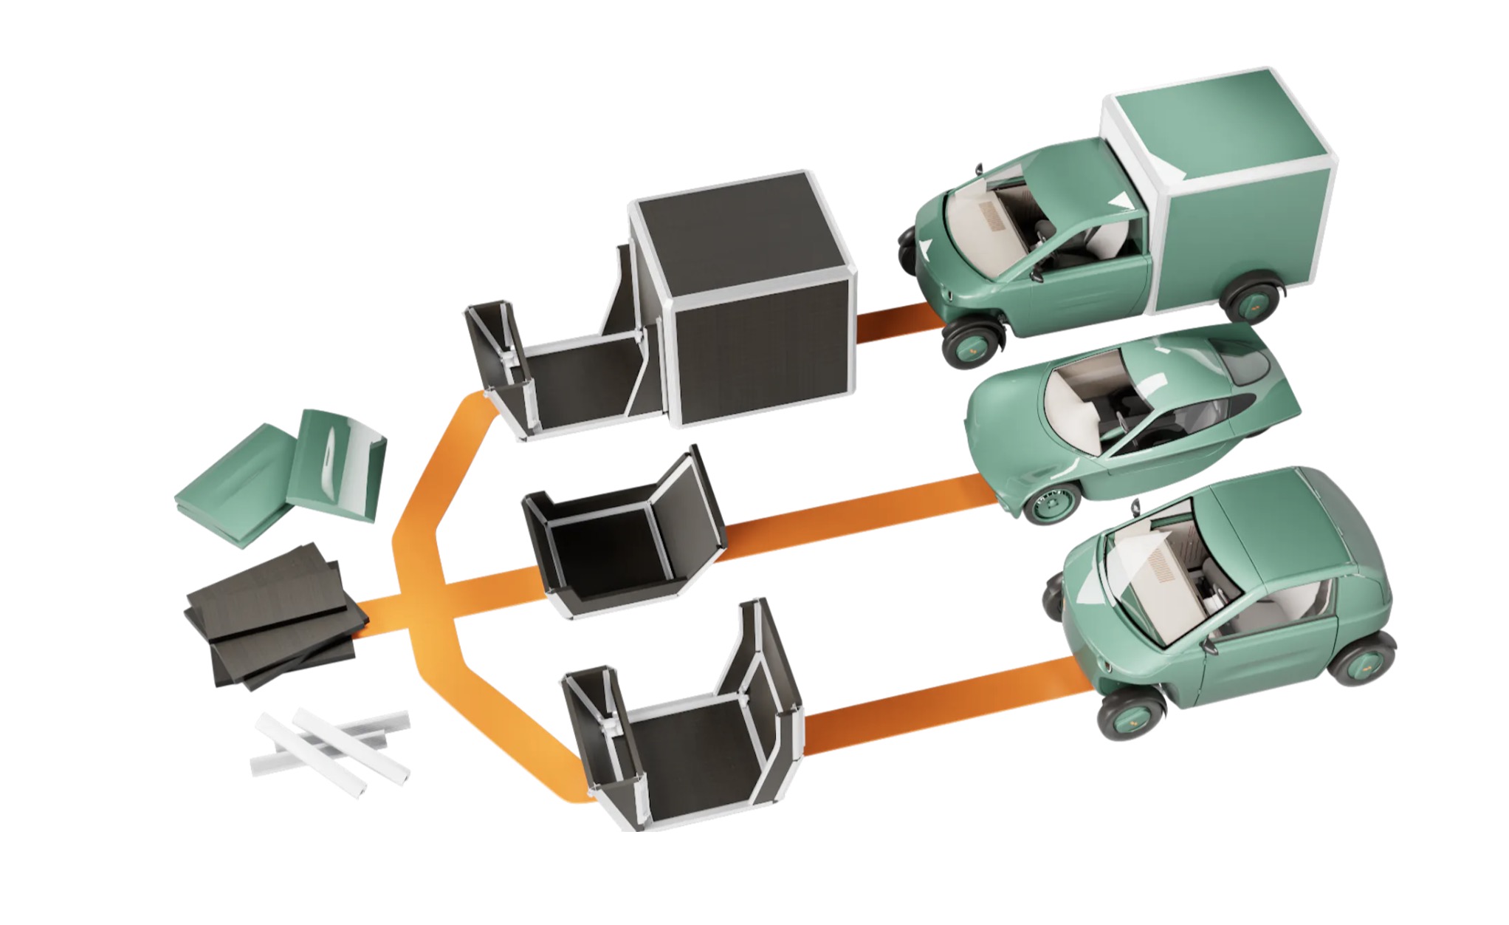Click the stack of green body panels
coord(281,477)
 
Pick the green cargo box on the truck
coord(1226,192)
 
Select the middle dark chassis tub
coord(620,539)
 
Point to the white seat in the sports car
coord(1070,399)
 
